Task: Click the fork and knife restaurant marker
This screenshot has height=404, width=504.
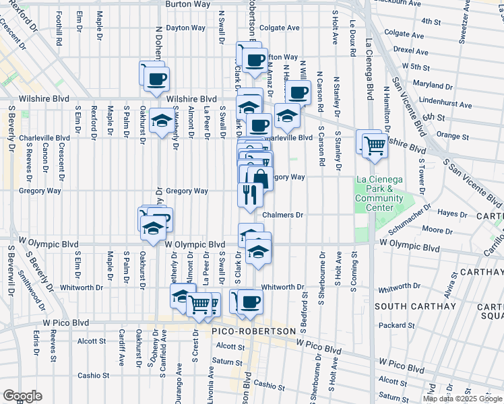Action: (x=248, y=195)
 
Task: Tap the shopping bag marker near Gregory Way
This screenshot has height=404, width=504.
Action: (x=260, y=179)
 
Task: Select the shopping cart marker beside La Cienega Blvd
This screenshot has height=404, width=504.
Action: (x=375, y=145)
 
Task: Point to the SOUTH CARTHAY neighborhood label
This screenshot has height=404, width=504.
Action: (x=408, y=306)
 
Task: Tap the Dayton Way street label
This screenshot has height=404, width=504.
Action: (x=185, y=28)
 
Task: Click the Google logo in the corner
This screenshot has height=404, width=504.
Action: (x=22, y=396)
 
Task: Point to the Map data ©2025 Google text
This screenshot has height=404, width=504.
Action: (x=462, y=399)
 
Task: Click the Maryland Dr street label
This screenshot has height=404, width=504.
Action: (x=433, y=86)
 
